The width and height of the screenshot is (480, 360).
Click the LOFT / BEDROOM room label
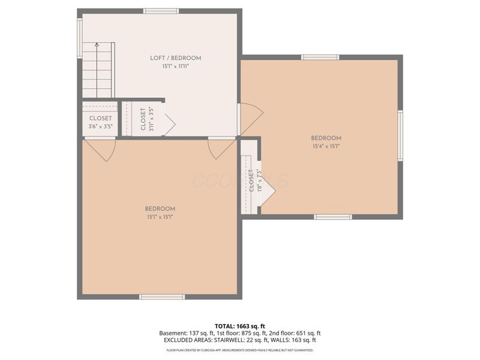[x=175, y=58]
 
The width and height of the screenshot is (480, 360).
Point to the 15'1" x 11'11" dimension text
[x=175, y=67]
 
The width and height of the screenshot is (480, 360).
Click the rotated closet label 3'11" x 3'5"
[x=143, y=118]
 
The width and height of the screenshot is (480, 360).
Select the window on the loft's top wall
[x=161, y=11]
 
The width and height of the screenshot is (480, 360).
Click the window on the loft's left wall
[x=79, y=38]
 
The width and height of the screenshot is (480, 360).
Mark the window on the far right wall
[x=400, y=136]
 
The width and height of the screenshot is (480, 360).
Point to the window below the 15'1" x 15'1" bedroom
[x=161, y=296]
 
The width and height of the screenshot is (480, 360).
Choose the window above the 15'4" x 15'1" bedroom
[x=320, y=57]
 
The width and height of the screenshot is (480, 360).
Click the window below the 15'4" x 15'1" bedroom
[x=333, y=217]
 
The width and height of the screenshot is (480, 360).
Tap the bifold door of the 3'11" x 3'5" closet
[x=169, y=125]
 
